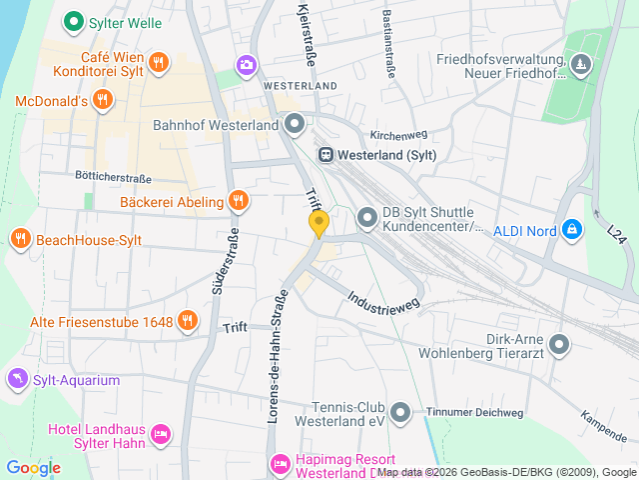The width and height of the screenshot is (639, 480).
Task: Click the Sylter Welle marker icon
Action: coord(72,20)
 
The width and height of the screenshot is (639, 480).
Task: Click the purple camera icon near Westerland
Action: coord(246,65)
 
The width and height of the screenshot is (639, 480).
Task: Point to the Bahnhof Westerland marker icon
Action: coord(295,125)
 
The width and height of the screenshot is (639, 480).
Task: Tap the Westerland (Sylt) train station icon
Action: coord(325,155)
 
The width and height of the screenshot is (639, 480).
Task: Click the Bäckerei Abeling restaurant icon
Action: coord(237,201)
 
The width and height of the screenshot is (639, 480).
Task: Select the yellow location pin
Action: coord(319,223)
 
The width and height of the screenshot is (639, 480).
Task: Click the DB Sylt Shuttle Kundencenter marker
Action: coord(367,216)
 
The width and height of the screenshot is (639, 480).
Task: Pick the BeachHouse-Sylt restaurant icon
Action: coord(20,239)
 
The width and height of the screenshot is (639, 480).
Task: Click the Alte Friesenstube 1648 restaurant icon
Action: coord(187,321)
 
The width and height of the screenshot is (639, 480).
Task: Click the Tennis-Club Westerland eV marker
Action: coord(400,411)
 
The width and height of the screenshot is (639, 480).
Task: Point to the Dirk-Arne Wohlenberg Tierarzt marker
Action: coord(559,345)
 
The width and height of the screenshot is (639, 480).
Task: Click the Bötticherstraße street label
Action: coord(113,178)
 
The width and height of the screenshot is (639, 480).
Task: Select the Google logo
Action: coord(33,467)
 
